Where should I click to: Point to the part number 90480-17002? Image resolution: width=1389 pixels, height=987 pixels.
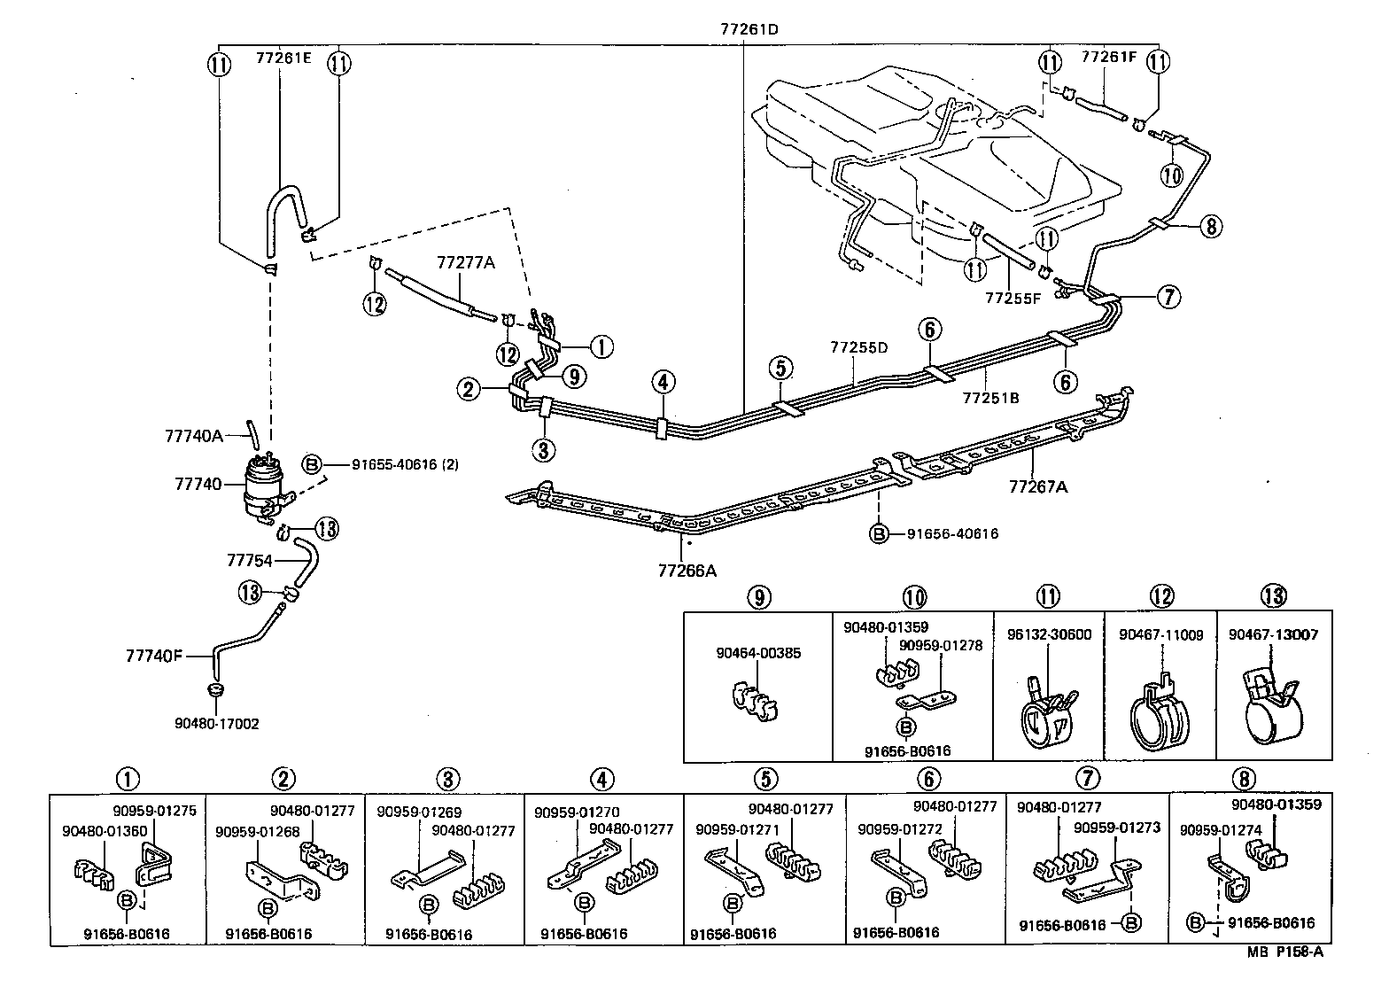(217, 724)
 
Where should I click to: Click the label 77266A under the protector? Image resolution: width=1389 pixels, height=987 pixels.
(687, 571)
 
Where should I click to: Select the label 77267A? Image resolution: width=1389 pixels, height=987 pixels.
(1037, 486)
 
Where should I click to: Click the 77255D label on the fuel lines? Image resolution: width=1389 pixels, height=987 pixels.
(858, 347)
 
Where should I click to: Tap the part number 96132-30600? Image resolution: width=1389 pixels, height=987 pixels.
(1050, 634)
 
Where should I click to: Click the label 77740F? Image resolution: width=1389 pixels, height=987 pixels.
(154, 656)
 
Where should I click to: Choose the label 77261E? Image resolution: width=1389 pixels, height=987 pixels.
(285, 58)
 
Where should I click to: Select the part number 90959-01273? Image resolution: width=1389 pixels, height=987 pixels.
(1116, 828)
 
